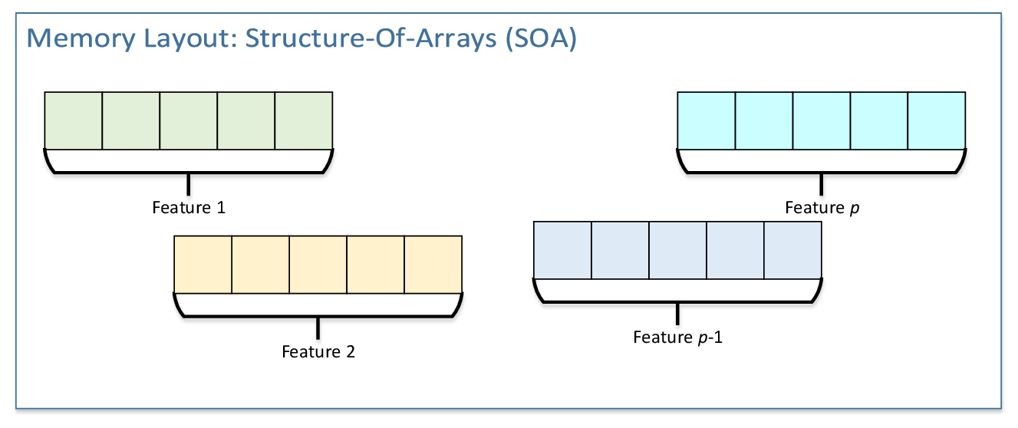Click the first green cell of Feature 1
tap(74, 120)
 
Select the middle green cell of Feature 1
tap(189, 120)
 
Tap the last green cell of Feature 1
tap(304, 120)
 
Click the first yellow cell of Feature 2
tap(203, 265)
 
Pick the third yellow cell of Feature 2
tap(318, 265)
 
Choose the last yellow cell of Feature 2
tap(433, 265)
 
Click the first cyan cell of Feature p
tap(707, 120)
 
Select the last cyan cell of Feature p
tap(937, 120)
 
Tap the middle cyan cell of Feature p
tap(822, 120)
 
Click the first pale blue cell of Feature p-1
tap(562, 250)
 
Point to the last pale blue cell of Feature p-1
tap(792, 250)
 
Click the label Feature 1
tap(189, 207)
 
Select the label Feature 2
tap(318, 352)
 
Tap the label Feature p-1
tap(677, 337)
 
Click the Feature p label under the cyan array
tap(822, 207)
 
